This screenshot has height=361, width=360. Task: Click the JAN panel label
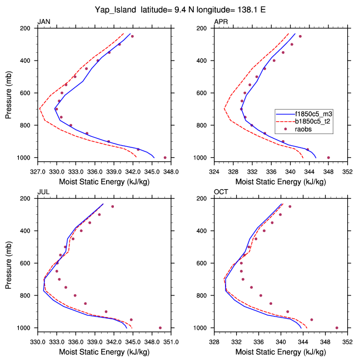point(43,22)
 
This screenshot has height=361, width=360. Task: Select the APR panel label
point(221,22)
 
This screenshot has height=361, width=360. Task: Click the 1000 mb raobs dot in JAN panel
point(165,157)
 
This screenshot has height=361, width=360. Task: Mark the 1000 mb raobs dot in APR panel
point(328,157)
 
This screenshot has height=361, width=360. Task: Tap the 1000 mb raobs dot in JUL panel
point(160,328)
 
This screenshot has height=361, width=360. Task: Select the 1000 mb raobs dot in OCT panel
point(337,328)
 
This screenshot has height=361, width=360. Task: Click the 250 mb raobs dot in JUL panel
point(112,206)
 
